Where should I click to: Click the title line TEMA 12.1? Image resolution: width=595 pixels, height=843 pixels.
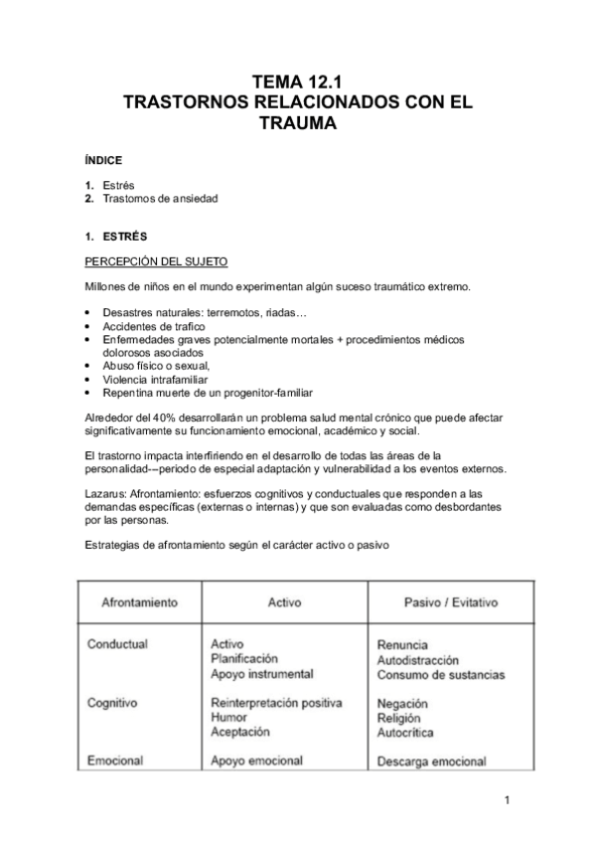(x=297, y=83)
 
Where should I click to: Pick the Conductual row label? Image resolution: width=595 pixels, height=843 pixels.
(x=117, y=643)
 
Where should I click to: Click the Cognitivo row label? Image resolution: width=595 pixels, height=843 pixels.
(x=113, y=702)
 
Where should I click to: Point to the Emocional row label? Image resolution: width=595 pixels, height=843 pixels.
(x=115, y=760)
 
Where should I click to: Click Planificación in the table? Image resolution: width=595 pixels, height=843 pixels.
(x=244, y=658)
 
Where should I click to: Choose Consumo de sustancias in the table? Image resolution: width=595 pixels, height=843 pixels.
(x=441, y=674)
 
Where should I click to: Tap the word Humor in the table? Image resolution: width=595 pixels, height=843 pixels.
(x=229, y=717)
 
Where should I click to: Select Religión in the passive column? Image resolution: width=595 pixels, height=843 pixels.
(x=399, y=718)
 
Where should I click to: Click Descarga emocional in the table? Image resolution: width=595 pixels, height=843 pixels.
(x=432, y=761)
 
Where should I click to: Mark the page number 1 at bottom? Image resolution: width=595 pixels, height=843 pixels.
(x=507, y=800)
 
